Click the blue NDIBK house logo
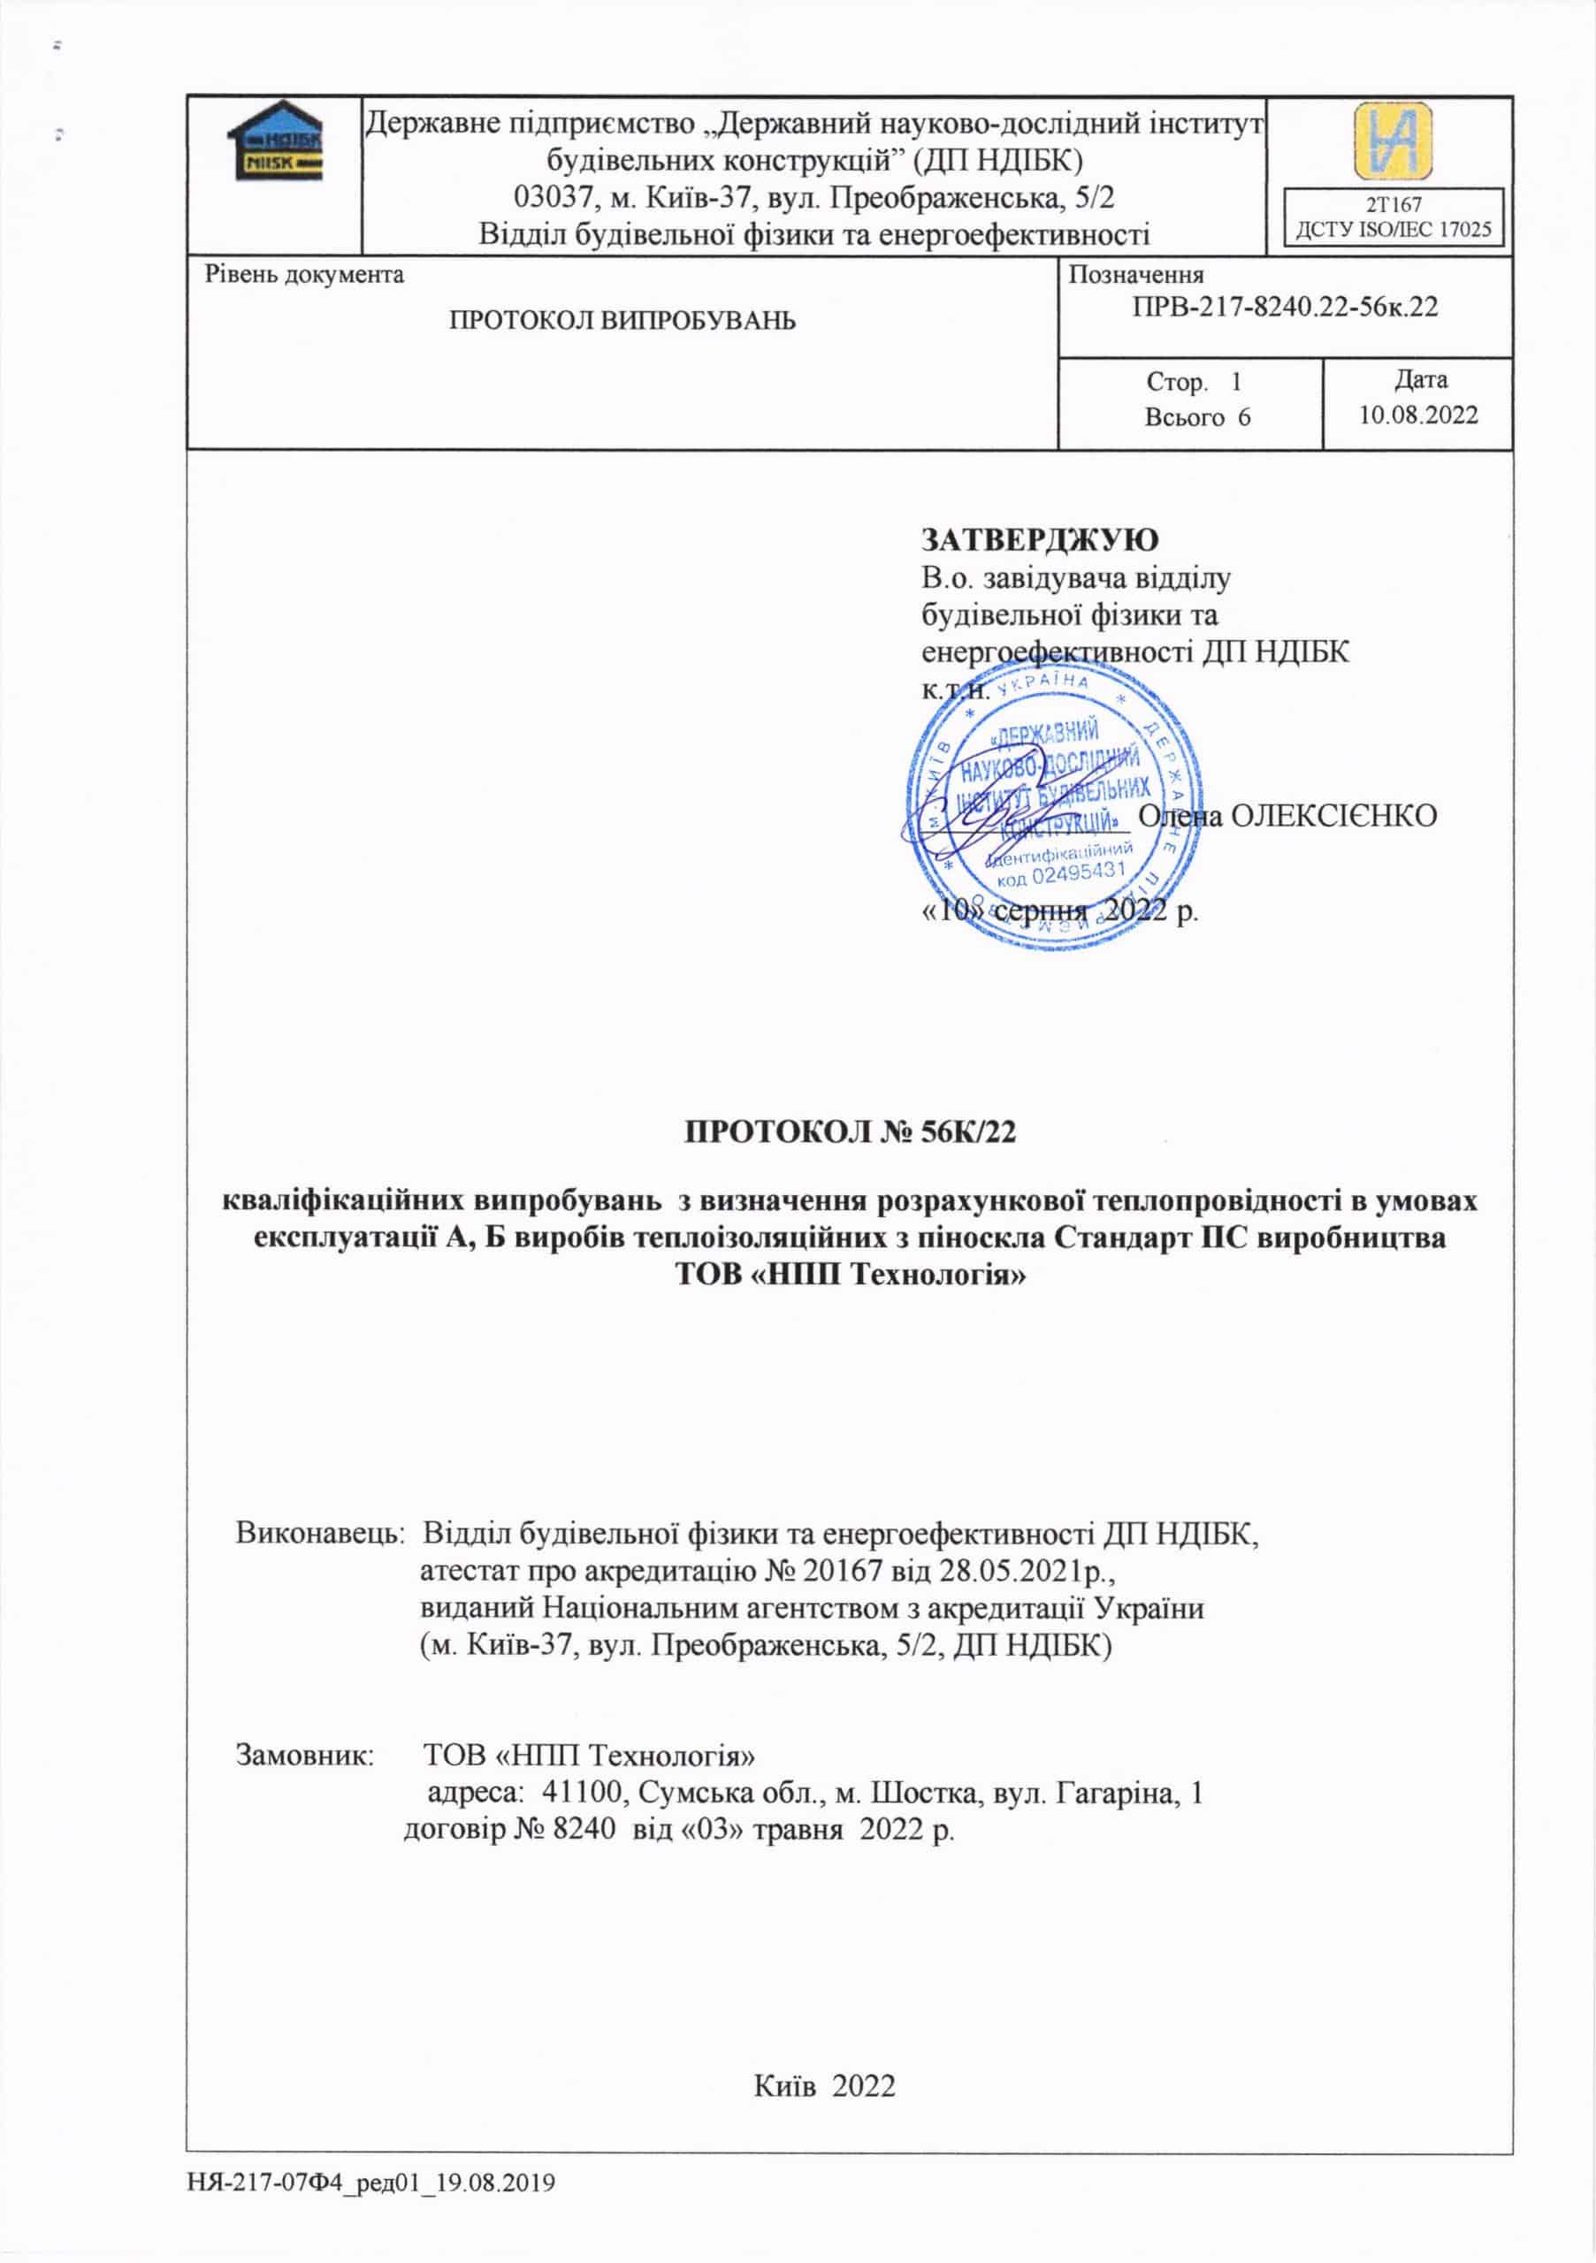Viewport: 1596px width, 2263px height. [274, 141]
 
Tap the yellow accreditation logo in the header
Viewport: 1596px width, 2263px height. [1392, 140]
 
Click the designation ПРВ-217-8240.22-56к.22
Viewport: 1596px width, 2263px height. [1285, 307]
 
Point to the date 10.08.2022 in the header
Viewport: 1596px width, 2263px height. [1418, 415]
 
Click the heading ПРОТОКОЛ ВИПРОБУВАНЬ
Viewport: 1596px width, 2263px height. [622, 320]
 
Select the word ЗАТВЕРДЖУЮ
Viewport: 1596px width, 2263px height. [1040, 539]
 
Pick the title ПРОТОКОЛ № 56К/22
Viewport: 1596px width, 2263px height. [849, 1132]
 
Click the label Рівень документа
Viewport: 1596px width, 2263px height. [304, 274]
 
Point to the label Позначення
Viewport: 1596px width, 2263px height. [1135, 275]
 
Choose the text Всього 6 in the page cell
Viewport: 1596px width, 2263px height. [1196, 417]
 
